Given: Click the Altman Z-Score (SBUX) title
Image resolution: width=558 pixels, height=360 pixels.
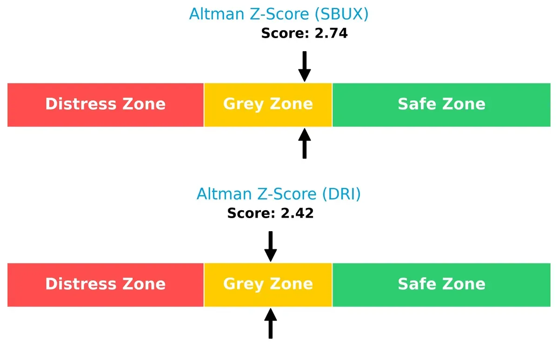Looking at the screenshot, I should coord(279,14).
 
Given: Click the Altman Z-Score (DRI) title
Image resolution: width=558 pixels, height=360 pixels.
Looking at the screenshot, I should coord(279,194).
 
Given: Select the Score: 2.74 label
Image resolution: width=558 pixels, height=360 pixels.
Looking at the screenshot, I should coord(304,33).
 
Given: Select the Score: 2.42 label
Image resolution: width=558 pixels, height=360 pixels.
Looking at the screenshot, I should coord(270,213).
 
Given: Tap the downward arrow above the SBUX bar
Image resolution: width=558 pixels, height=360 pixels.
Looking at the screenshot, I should coord(305,67).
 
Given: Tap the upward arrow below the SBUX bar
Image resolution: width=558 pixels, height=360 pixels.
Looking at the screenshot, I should coord(305,143).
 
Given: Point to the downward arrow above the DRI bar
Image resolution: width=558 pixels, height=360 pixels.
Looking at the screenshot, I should coord(271,247).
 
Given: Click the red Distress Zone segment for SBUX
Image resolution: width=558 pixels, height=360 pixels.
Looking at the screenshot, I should coord(106,105).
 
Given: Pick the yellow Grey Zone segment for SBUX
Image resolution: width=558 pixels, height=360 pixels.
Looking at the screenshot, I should coord(268,105).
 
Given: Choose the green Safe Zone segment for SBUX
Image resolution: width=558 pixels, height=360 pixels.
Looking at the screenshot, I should coord(441,105).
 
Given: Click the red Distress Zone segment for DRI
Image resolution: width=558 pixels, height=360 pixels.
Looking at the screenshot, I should coord(106,285).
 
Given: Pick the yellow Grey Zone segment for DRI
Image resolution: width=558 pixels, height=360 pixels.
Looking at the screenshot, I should coord(268,285).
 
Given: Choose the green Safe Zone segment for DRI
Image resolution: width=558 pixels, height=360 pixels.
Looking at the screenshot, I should coord(441,285).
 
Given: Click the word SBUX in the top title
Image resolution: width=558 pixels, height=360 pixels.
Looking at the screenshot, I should coord(341,14).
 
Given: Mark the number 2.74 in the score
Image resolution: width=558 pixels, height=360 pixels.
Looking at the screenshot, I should coord(331,33).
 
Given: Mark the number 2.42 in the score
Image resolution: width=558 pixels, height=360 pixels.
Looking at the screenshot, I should coord(297,213).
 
